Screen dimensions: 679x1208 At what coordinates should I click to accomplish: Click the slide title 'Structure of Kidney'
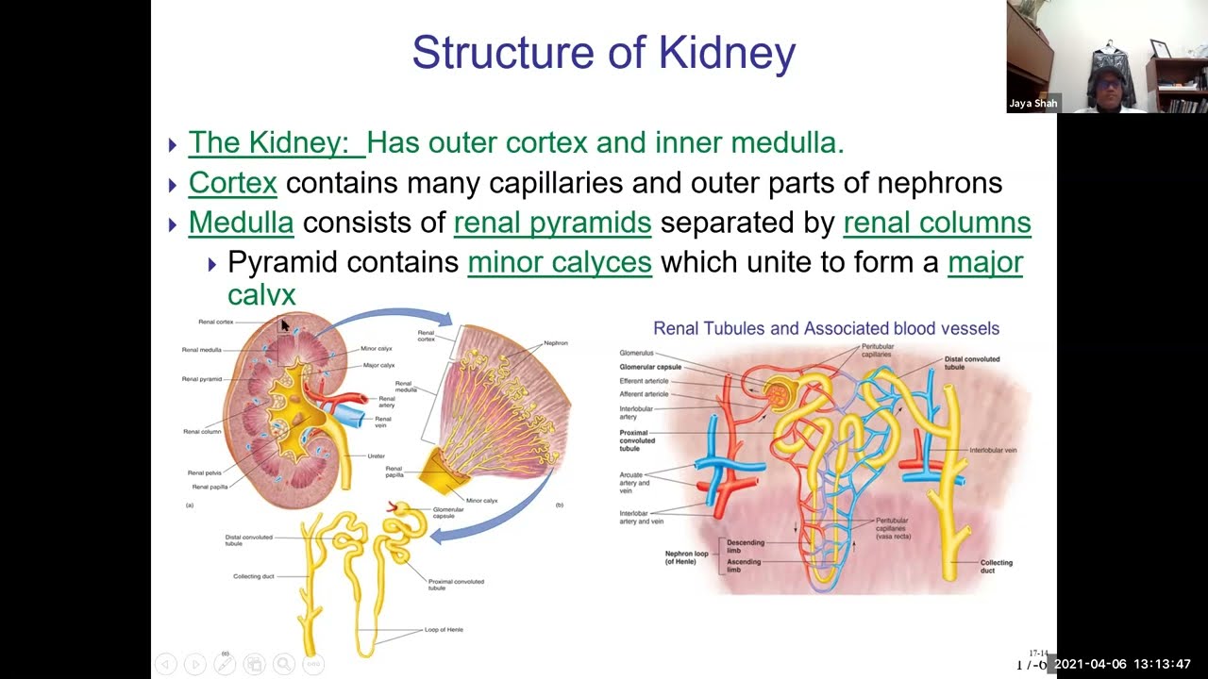click(604, 53)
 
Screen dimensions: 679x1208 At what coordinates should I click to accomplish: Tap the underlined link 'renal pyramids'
click(552, 223)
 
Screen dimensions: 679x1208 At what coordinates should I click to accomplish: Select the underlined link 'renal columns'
click(936, 223)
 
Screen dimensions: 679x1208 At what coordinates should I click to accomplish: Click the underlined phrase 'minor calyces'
click(560, 262)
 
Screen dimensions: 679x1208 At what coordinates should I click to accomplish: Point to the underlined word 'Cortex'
click(232, 183)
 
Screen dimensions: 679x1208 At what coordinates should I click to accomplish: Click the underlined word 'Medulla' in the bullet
click(241, 223)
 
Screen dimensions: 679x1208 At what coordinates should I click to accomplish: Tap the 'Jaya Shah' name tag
click(1032, 104)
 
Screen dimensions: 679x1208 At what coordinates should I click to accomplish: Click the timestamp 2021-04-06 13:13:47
click(1122, 664)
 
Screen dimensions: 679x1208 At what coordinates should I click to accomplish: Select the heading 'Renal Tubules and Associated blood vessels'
click(826, 328)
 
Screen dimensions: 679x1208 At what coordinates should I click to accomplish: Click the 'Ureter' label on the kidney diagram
click(376, 456)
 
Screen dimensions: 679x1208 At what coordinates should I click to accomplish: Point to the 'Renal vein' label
click(382, 420)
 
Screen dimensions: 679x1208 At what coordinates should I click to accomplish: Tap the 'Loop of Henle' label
click(444, 629)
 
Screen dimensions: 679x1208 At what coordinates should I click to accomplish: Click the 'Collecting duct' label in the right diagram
click(996, 566)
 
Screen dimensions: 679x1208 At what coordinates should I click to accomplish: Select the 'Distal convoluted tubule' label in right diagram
click(972, 363)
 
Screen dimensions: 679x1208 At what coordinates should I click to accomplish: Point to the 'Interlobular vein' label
click(993, 451)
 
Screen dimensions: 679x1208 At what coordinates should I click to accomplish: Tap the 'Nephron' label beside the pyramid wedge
click(556, 343)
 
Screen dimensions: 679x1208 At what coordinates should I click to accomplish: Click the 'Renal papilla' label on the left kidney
click(209, 487)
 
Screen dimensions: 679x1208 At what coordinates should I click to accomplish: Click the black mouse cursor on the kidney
click(285, 325)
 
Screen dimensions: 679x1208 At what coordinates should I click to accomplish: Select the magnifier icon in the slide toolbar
click(284, 664)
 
